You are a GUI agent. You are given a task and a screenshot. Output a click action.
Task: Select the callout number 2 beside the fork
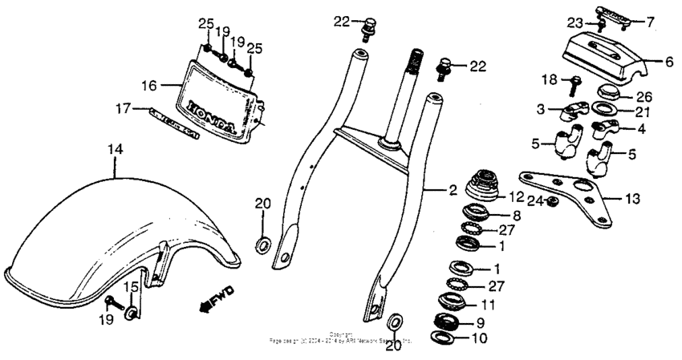453,191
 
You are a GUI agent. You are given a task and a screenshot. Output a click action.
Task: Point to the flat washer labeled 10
456,338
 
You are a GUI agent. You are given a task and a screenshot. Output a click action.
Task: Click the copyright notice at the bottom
341,338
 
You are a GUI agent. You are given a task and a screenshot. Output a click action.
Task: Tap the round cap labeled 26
611,90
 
